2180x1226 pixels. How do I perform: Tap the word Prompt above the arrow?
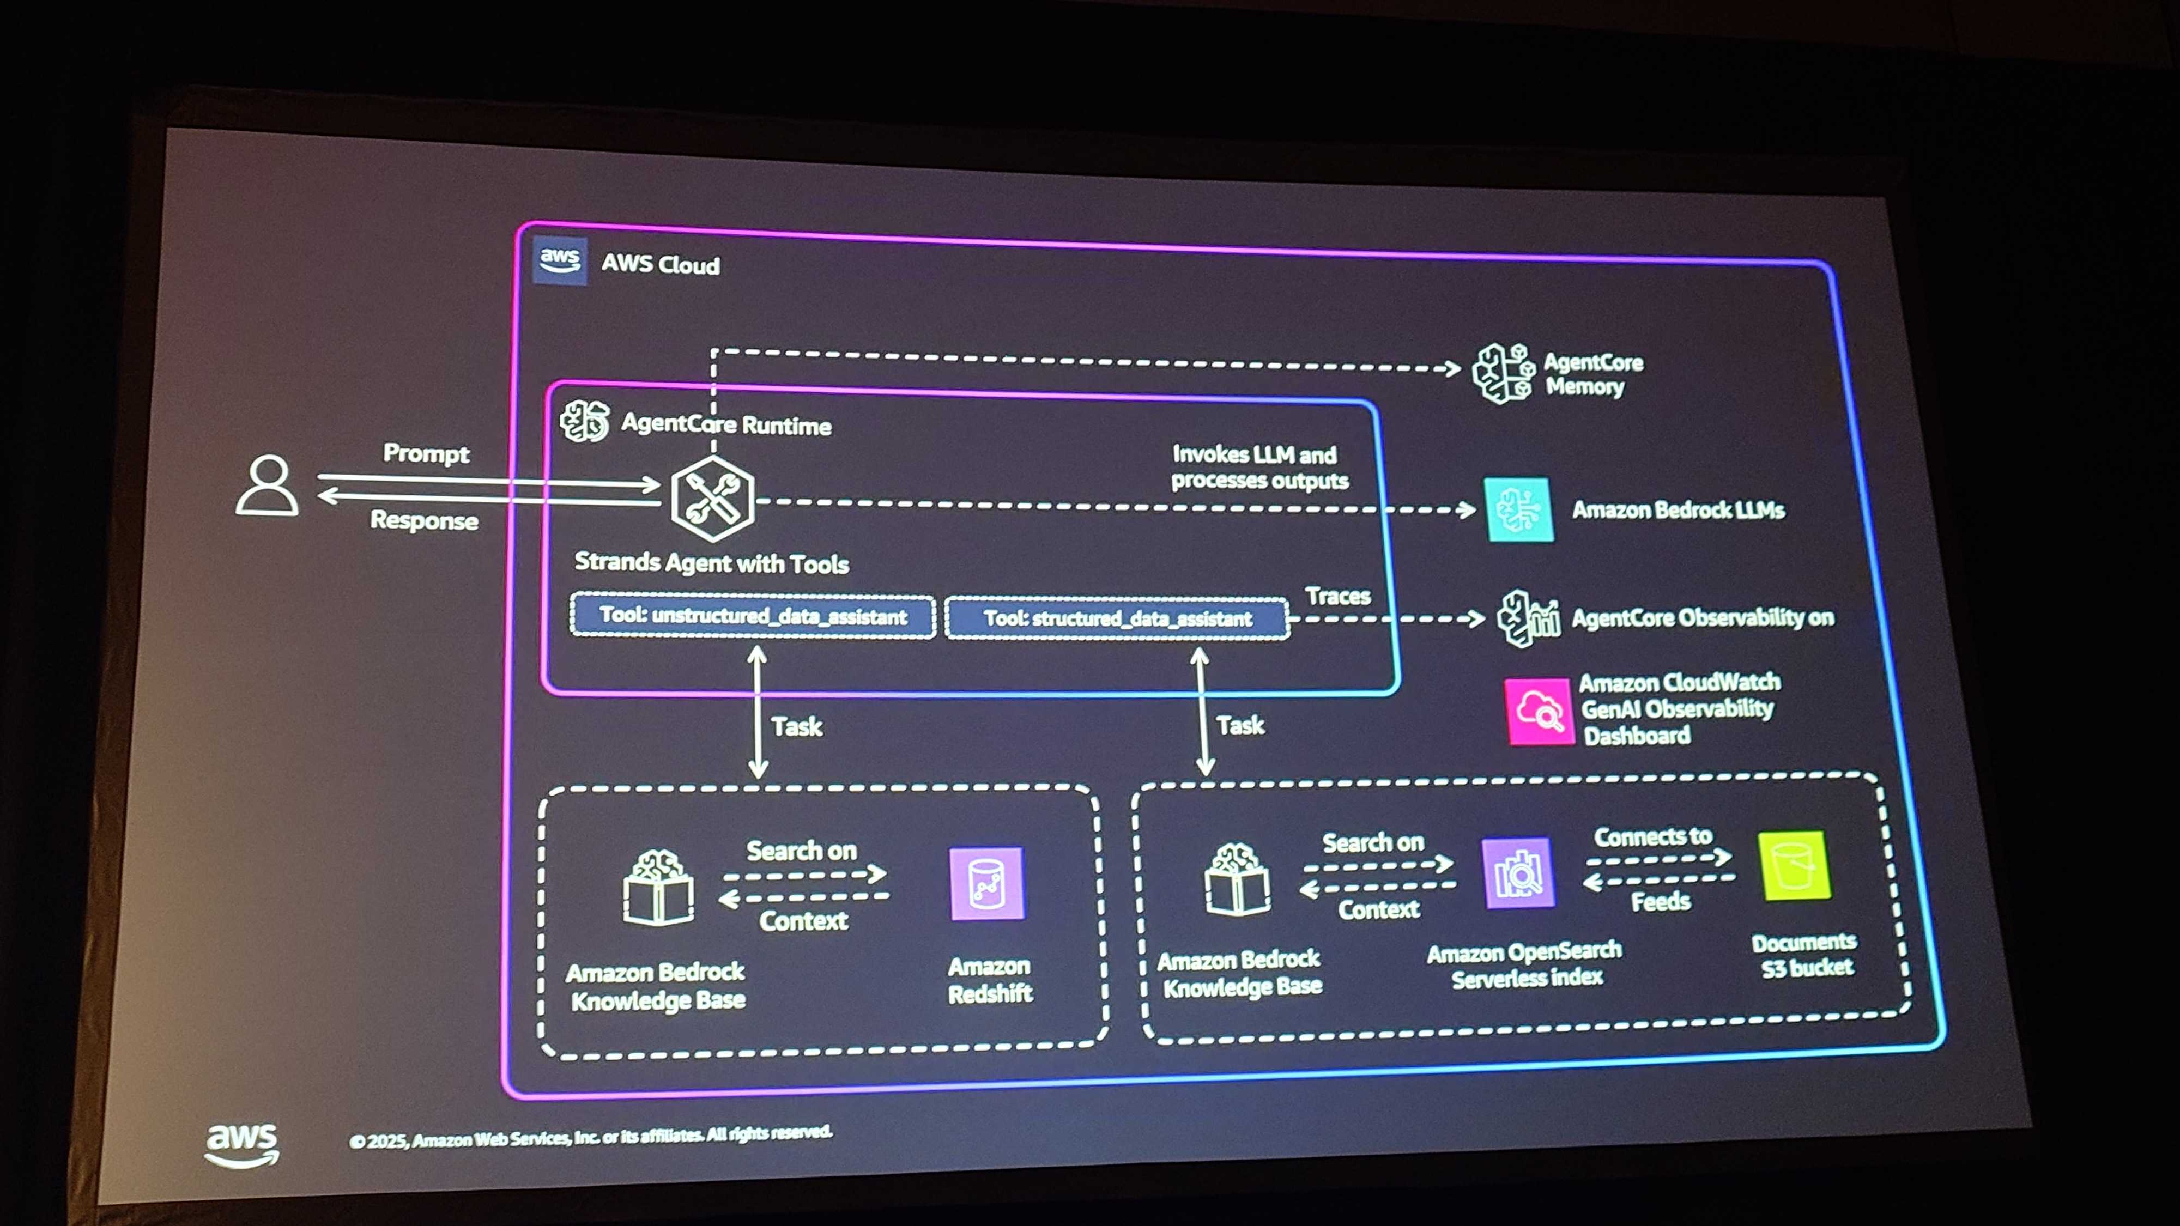(426, 453)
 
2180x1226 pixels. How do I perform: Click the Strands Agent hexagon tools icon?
(712, 499)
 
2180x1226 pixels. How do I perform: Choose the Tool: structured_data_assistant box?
(1117, 618)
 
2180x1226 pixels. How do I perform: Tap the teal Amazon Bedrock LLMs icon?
(1519, 509)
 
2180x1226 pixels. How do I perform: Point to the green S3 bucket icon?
(1794, 866)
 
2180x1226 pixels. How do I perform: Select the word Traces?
(1337, 597)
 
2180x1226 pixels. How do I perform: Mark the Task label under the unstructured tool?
(796, 726)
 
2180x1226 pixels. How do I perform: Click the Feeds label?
(1661, 902)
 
